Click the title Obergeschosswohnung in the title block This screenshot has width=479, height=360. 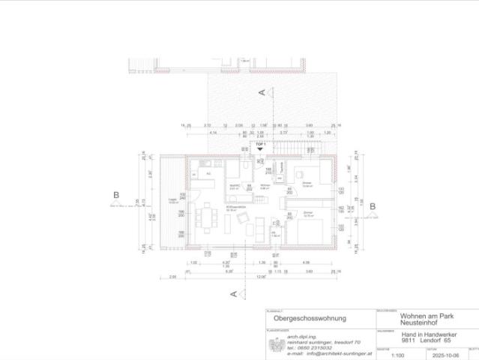click(298, 318)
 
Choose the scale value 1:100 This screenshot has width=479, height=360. click(388, 354)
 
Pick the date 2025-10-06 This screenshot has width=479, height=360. click(433, 354)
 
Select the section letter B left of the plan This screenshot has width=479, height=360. click(115, 196)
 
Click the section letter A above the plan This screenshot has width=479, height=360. click(262, 92)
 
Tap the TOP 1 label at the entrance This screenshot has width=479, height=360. click(261, 142)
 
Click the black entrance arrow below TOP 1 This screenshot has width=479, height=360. click(261, 149)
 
